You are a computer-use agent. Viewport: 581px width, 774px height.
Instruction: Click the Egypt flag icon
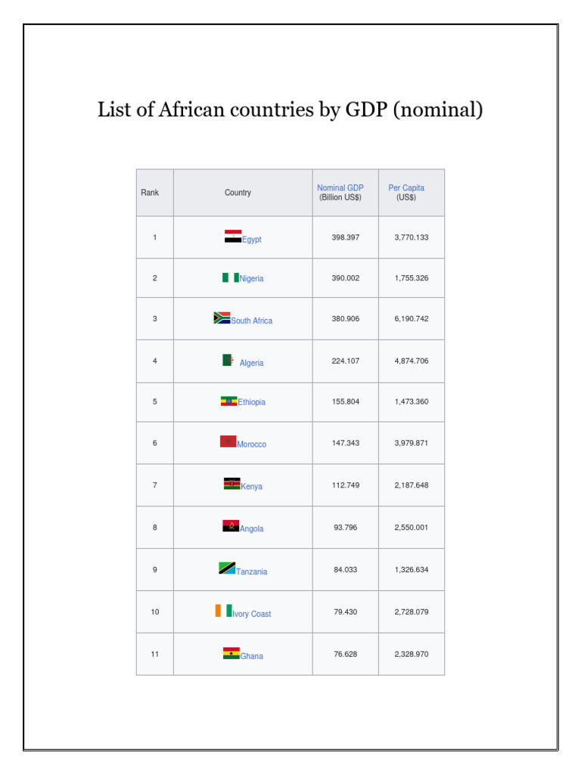[x=232, y=237]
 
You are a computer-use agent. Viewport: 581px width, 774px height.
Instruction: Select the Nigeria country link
[x=252, y=279]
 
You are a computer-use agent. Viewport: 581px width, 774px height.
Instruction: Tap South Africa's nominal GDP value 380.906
[x=345, y=319]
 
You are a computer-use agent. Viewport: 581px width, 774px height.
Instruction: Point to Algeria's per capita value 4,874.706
[x=411, y=361]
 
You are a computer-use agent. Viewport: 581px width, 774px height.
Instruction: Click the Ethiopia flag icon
[x=228, y=401]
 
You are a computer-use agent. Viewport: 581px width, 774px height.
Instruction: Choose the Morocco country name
[x=252, y=444]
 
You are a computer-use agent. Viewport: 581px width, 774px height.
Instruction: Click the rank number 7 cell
[x=155, y=485]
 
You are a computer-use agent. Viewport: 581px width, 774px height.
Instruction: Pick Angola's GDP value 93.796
[x=345, y=528]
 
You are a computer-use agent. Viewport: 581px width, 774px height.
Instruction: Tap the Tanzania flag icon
[x=227, y=568]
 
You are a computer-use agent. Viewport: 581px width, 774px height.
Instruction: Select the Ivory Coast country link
[x=252, y=615]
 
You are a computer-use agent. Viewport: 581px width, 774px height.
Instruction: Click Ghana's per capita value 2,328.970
[x=411, y=655]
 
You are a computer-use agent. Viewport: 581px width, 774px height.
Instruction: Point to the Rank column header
[x=150, y=193]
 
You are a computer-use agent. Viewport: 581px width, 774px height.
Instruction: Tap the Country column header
[x=238, y=193]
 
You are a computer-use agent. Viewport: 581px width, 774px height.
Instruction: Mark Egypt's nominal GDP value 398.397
[x=345, y=237]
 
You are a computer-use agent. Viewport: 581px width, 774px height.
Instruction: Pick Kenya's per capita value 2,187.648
[x=411, y=485]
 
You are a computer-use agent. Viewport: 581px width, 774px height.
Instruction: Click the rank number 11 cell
[x=155, y=655]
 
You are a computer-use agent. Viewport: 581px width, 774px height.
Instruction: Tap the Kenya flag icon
[x=231, y=484]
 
